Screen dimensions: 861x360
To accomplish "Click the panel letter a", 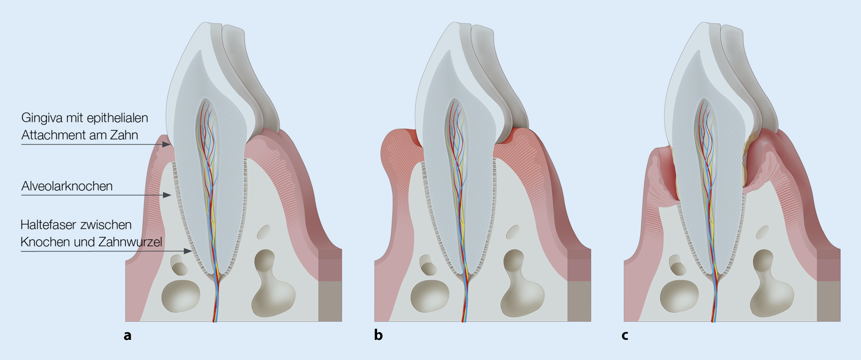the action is pos(128,335).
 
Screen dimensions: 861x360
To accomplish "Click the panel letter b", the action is pos(378,335).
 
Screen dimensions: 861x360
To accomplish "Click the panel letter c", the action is pos(625,335).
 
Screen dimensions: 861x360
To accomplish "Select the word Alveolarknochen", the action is pos(67,186).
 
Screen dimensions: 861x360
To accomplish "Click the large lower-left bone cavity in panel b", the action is pos(429,296).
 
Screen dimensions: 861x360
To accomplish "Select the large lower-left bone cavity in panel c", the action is pos(679,296).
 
